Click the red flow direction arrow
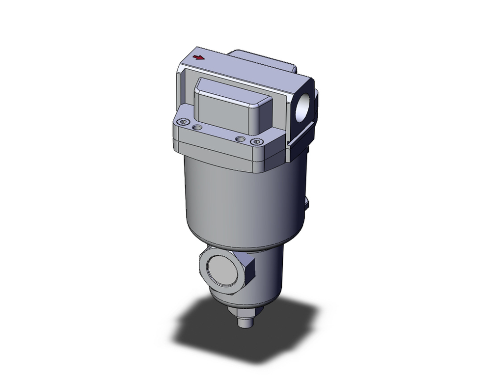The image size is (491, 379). tap(199, 57)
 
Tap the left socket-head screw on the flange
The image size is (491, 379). tap(184, 122)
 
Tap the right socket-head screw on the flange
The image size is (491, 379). tap(255, 142)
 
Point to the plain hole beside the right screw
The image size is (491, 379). tap(239, 139)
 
